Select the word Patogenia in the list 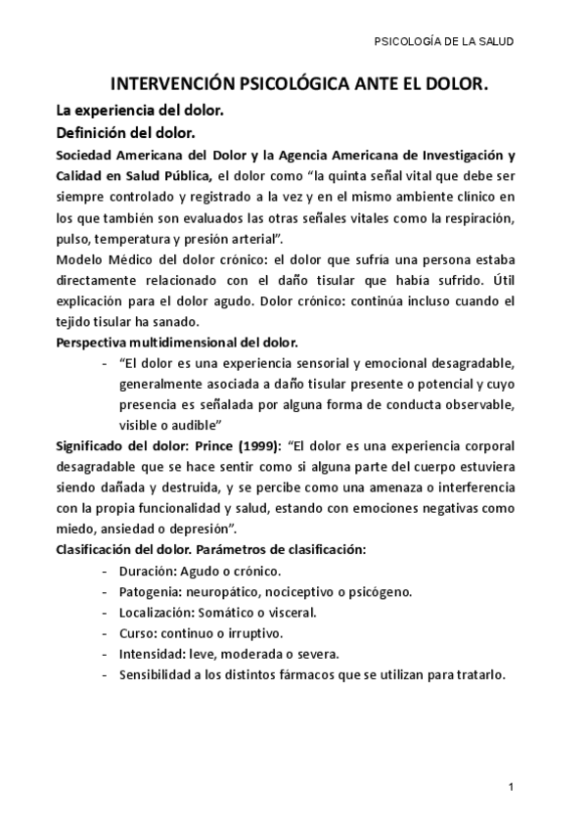150,591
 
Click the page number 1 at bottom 512,789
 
